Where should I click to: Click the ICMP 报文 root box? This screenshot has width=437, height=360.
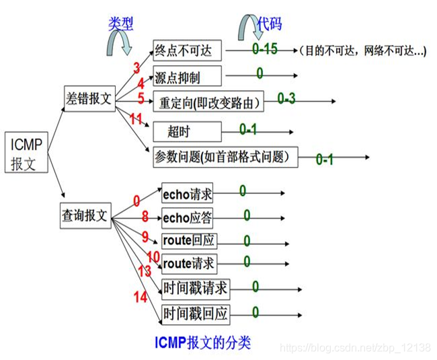tap(28, 153)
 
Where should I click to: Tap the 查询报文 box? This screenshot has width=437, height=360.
tap(85, 216)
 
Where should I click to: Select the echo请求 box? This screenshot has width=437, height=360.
tap(188, 194)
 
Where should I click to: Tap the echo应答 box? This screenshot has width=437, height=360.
tap(188, 218)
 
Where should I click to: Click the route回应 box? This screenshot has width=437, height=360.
tap(190, 241)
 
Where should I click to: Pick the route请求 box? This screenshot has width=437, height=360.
tap(190, 263)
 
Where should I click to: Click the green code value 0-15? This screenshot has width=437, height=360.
tap(265, 49)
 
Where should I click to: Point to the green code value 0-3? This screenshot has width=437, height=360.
tap(286, 99)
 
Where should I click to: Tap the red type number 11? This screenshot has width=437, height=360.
tap(137, 120)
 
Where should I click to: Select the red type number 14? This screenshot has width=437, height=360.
tap(140, 297)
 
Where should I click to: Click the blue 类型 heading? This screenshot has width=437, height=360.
tap(121, 24)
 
